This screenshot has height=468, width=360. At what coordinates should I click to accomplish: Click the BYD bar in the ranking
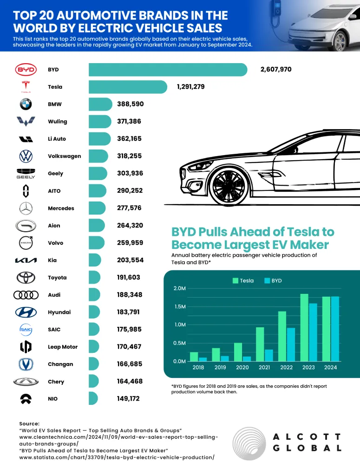click(x=168, y=70)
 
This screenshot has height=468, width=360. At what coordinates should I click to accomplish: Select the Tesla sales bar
click(x=128, y=87)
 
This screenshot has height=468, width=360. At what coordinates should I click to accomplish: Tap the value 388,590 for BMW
click(x=130, y=104)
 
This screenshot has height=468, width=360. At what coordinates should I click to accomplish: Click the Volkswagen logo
click(x=26, y=156)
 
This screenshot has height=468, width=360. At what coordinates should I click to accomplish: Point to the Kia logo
click(x=26, y=260)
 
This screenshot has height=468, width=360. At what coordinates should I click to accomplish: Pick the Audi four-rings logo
click(x=26, y=295)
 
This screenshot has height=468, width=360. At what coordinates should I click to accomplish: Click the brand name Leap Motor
click(x=63, y=347)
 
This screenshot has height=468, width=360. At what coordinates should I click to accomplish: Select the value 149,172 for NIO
click(x=128, y=398)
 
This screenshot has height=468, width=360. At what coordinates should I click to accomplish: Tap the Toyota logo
click(x=26, y=278)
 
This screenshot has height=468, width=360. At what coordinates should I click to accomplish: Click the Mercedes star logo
click(x=26, y=208)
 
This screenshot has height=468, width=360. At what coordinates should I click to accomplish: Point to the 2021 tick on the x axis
click(x=264, y=367)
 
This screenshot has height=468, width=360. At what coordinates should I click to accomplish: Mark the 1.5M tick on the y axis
click(x=179, y=306)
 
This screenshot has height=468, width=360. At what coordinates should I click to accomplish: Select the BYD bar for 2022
click(x=290, y=344)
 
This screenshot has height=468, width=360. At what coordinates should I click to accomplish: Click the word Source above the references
click(x=29, y=423)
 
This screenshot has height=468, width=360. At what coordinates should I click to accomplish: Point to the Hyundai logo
click(x=26, y=312)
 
